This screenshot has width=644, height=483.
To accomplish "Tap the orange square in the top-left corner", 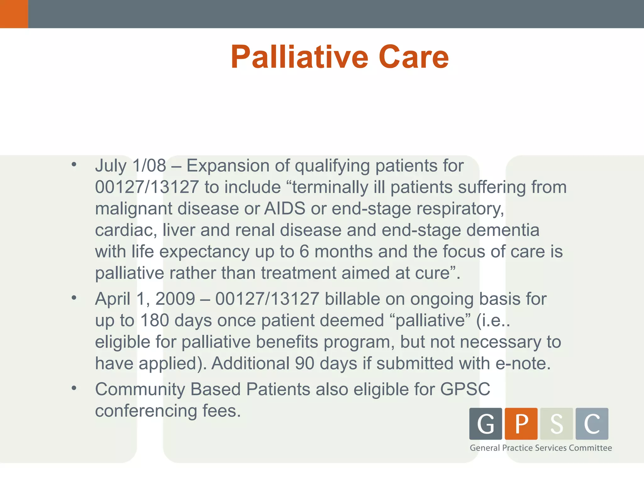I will pyautogui.click(x=14, y=14).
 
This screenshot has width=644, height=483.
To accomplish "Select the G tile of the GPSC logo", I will pyautogui.click(x=486, y=424).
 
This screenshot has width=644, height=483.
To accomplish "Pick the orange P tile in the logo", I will pyautogui.click(x=521, y=424).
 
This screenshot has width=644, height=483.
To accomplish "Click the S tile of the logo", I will pyautogui.click(x=556, y=424).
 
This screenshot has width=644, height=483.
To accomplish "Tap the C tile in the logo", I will pyautogui.click(x=592, y=424).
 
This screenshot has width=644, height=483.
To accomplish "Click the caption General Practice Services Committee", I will pyautogui.click(x=541, y=448).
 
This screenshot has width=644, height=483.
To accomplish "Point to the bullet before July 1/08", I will pyautogui.click(x=74, y=164).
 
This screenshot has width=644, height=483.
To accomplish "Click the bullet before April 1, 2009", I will pyautogui.click(x=74, y=297).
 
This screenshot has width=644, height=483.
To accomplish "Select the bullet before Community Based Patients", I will pyautogui.click(x=74, y=388).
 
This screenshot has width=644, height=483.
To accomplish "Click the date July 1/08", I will pyautogui.click(x=130, y=166).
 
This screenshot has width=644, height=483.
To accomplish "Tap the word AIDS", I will pyautogui.click(x=285, y=208).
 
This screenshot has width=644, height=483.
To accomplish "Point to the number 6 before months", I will pyautogui.click(x=304, y=252).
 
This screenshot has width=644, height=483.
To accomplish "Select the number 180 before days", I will pyautogui.click(x=154, y=320).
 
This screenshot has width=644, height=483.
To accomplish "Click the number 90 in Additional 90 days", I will pyautogui.click(x=304, y=364).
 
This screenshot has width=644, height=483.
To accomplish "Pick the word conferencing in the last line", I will pyautogui.click(x=146, y=411).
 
